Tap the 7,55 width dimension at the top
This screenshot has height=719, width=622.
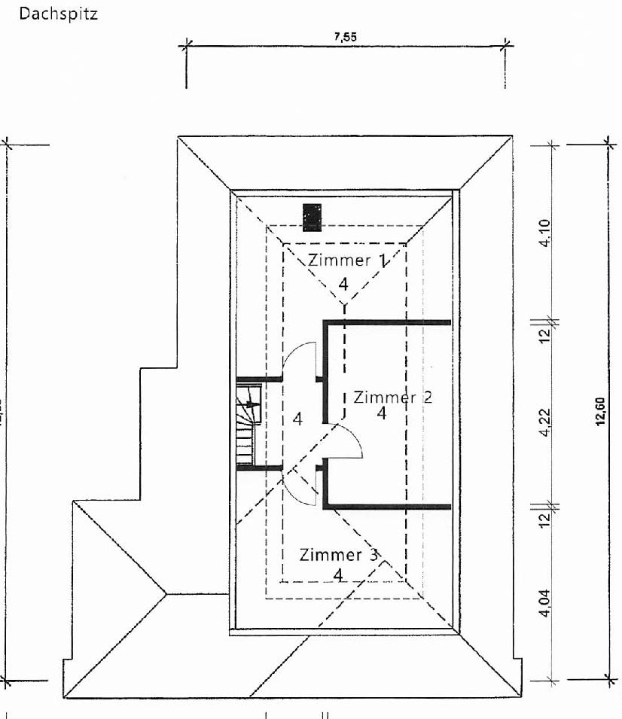pos(346,39)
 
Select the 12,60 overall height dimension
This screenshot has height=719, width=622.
pos(599,413)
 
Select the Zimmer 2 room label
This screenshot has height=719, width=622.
pos(392,397)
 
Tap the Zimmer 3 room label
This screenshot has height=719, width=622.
pos(339,556)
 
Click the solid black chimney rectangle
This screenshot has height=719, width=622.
pos(312,217)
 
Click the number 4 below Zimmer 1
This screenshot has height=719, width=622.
pos(343,284)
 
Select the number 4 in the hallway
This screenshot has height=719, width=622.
pos(297,420)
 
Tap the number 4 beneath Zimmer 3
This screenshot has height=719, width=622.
pos(338,575)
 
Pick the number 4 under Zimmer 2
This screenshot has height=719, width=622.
pos(382,413)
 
